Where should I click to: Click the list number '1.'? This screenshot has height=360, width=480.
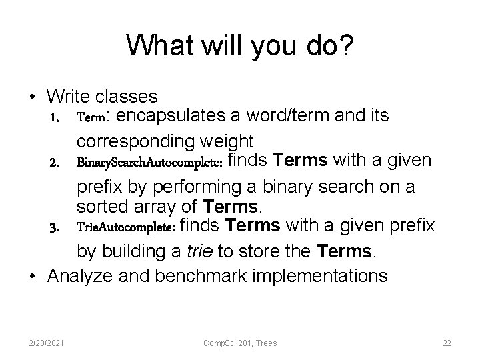coord(55,117)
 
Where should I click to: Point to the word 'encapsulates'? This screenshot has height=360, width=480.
coord(171,117)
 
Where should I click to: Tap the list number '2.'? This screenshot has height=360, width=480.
coord(55,163)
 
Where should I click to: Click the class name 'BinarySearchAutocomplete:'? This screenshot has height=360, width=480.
coord(151,163)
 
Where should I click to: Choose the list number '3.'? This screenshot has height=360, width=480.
coord(55,227)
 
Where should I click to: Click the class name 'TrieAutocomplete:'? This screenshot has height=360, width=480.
coord(126,227)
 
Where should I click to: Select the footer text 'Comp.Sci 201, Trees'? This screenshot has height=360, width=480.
coord(240,343)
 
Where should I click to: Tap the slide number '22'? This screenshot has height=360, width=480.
coord(447,343)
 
